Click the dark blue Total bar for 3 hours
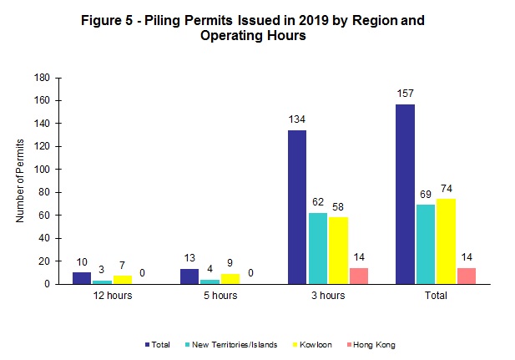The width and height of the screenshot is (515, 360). [297, 207]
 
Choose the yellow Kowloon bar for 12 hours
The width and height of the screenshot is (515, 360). [122, 280]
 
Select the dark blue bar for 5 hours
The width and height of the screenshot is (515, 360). [189, 276]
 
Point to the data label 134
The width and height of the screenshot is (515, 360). [297, 119]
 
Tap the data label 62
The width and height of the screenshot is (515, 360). [317, 202]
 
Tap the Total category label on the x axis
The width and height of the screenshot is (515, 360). [435, 296]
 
